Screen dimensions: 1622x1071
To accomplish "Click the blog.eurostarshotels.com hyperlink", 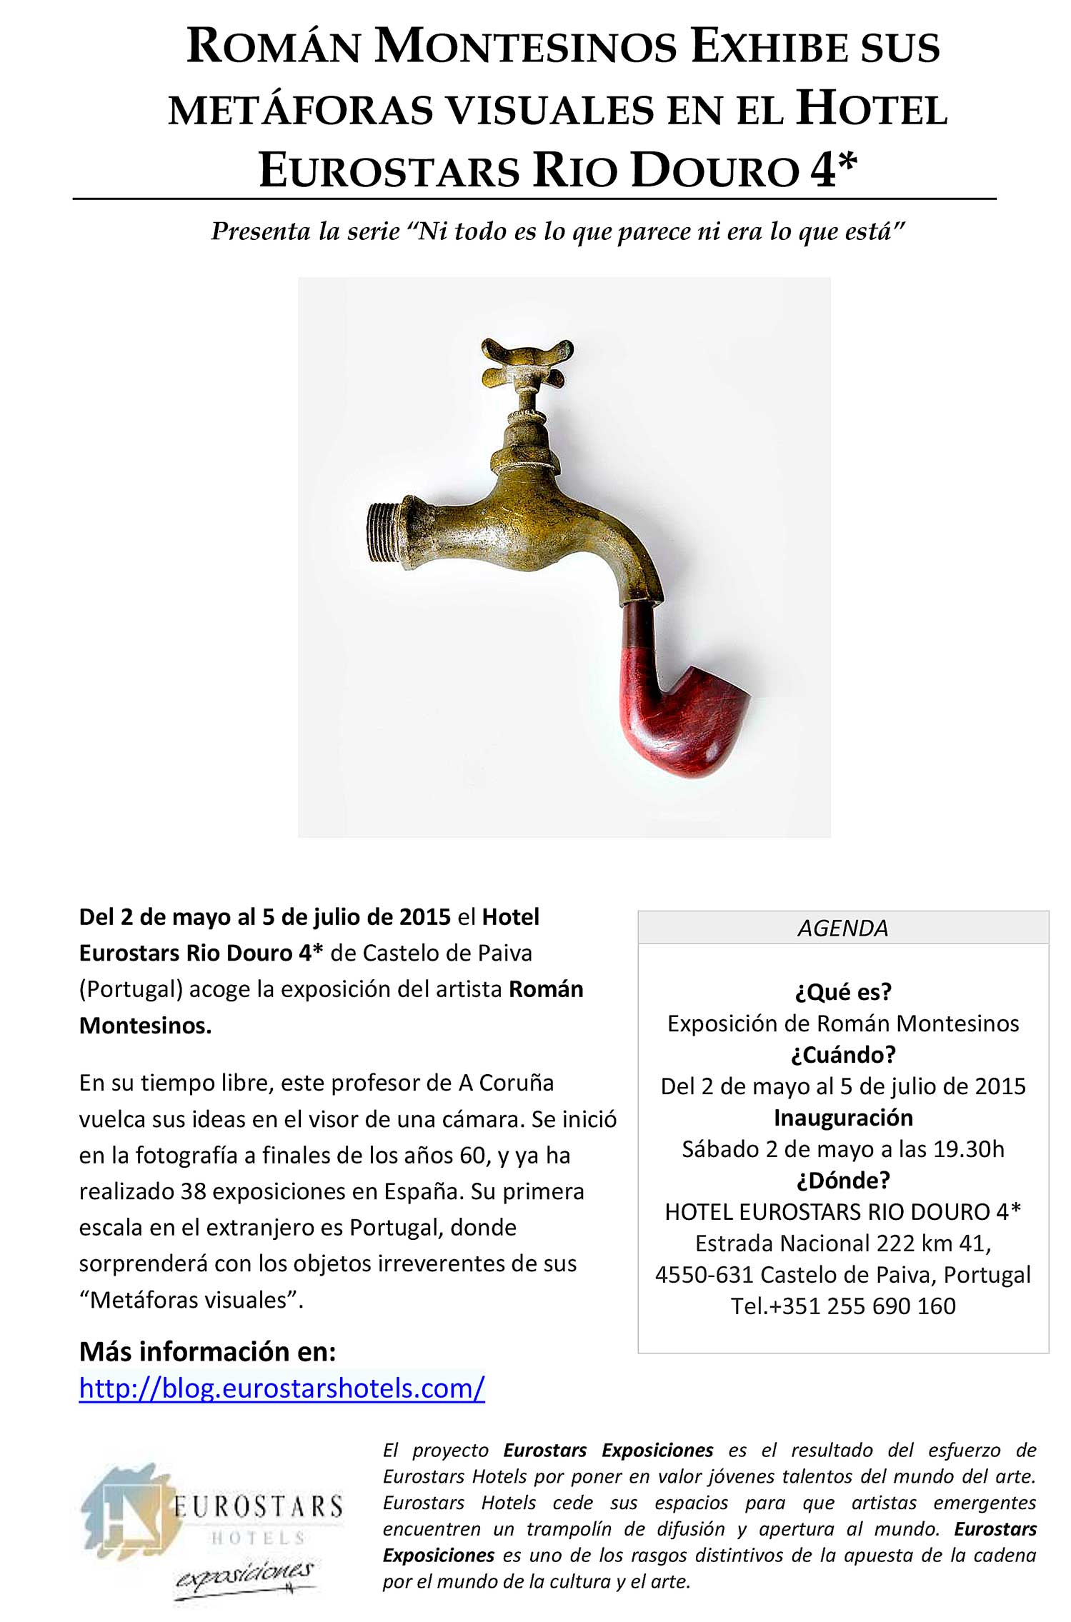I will (282, 1388).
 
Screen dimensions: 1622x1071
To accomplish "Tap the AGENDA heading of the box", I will (842, 928).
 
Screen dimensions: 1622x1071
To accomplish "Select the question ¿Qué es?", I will (843, 991).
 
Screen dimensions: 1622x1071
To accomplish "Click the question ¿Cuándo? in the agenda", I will (843, 1054).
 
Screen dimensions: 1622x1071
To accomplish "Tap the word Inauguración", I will (843, 1117).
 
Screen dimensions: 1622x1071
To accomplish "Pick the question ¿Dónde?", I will (843, 1180).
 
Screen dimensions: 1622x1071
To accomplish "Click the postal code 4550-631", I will (704, 1274).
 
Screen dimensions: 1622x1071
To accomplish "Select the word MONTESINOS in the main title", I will (525, 47).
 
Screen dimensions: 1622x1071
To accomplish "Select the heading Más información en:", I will (207, 1351).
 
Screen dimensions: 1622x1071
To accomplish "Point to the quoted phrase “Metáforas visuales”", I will (191, 1299).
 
